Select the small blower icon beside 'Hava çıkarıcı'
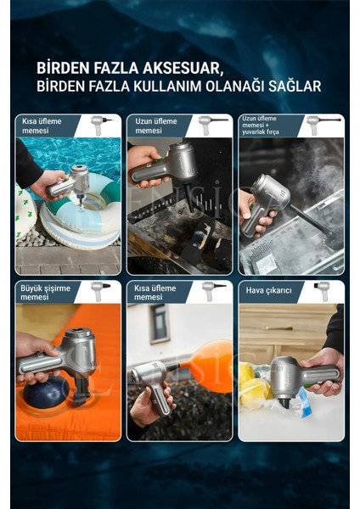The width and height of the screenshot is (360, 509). [x=322, y=292]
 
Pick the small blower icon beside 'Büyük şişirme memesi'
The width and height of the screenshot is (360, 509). [x=99, y=292]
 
